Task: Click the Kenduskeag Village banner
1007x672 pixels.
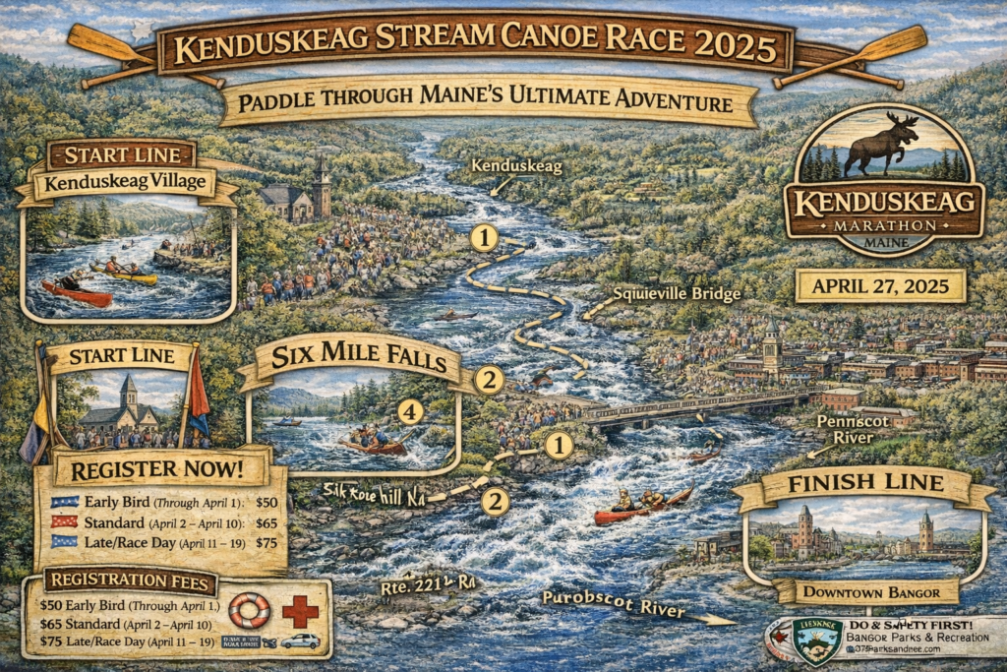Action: pos(126,183)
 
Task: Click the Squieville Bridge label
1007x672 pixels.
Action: pos(677,293)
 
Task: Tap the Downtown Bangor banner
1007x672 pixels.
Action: pos(864,591)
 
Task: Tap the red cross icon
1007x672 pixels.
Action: pos(300,611)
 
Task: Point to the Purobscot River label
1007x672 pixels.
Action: pos(613,604)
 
